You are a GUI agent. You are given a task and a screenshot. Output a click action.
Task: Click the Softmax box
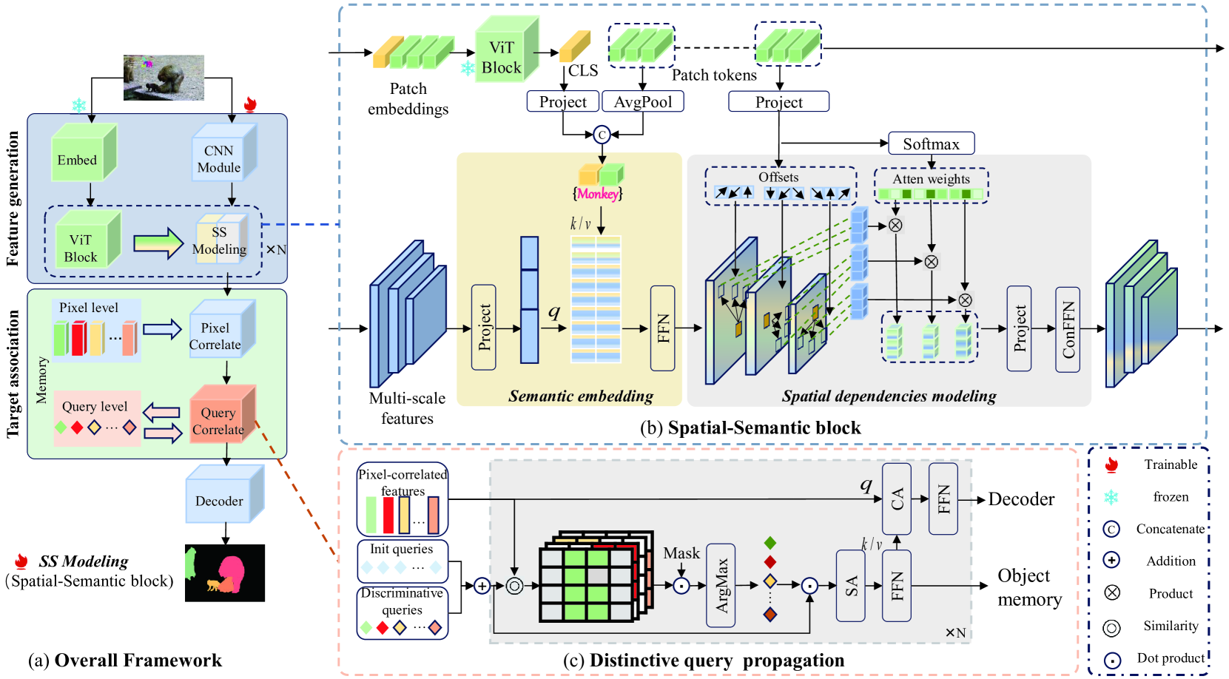[x=931, y=143]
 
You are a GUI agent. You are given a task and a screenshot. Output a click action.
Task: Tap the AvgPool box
[x=643, y=101]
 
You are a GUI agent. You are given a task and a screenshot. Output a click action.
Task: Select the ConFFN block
[x=1068, y=329]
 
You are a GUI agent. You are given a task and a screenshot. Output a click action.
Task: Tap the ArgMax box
[x=721, y=585]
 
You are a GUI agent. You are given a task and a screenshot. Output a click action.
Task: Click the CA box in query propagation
[x=897, y=499]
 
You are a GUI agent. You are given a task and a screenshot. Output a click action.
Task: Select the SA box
[x=851, y=586]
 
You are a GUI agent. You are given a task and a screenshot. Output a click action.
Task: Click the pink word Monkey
[x=598, y=194]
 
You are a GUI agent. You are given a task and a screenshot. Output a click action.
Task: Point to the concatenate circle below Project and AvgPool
[x=602, y=135]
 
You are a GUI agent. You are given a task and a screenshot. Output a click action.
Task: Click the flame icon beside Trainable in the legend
[x=1111, y=465]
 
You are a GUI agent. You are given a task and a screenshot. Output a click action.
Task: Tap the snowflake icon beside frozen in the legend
[x=1111, y=497]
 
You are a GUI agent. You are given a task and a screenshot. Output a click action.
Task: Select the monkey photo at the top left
[x=164, y=77]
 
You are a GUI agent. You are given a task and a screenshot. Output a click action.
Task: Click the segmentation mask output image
[x=225, y=572]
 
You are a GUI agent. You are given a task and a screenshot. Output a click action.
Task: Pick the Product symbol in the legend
[x=1111, y=592]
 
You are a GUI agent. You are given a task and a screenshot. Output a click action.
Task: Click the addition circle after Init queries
[x=482, y=586]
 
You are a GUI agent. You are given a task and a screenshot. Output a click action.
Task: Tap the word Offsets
[x=778, y=178]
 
